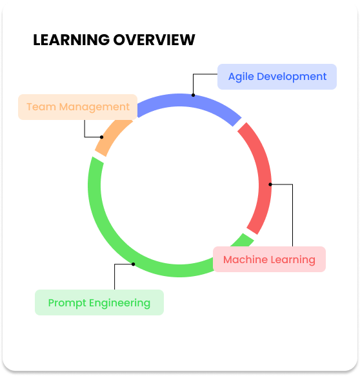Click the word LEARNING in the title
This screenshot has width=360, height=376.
71,39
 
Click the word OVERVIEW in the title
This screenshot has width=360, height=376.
154,39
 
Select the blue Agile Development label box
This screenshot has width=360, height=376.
277,77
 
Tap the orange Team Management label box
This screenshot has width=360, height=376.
77,107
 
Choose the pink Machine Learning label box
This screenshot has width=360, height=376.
269,259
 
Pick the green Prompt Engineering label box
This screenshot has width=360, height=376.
99,302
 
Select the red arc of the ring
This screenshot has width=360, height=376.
265,177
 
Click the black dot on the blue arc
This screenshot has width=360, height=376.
194,95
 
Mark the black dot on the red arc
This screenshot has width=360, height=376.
270,184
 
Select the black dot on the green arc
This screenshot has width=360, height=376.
134,264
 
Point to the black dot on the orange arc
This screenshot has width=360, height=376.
102,137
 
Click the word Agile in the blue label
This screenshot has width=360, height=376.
241,77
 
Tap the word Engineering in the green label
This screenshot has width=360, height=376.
120,303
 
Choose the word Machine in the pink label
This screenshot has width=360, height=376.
244,259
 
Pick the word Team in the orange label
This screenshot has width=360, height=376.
41,107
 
